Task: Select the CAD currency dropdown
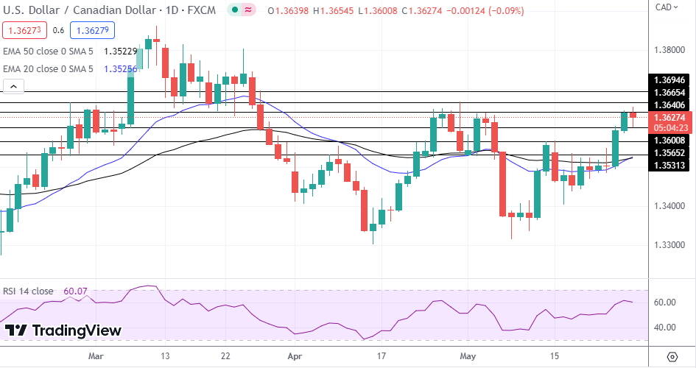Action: click(x=666, y=7)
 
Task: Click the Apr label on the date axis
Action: click(x=295, y=355)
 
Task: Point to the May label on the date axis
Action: click(x=468, y=355)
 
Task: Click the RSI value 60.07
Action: click(x=75, y=291)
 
